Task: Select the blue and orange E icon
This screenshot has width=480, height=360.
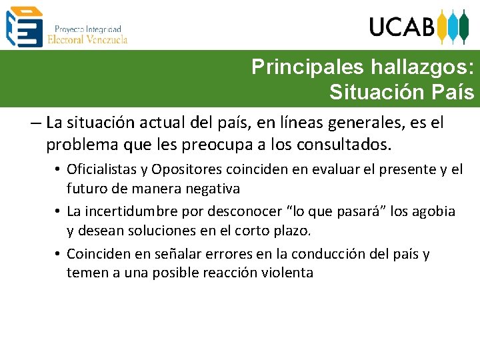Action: (24, 26)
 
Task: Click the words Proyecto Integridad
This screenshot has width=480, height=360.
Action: (87, 29)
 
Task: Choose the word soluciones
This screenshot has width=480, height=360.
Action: (149, 231)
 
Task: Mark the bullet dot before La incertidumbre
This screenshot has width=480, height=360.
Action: (59, 213)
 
